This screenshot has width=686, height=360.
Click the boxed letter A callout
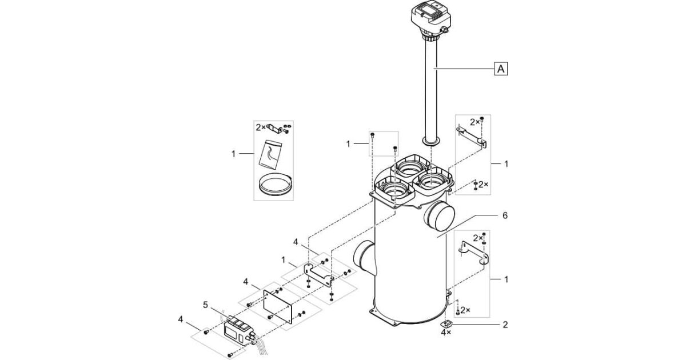coord(501,69)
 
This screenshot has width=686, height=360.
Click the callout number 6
coord(505,215)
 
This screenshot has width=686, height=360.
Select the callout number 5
coord(205,305)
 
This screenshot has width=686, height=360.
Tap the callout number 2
coord(505,325)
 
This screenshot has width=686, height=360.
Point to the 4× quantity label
coord(446,332)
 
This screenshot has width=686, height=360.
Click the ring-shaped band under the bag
coord(274,185)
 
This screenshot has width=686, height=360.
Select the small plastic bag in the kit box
coord(270,153)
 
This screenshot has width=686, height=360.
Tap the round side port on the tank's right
coord(439,217)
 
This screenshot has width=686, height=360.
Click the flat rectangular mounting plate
coord(278,306)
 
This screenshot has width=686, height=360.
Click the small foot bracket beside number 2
coord(446,324)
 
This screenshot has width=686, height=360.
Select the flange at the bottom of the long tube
coord(431,142)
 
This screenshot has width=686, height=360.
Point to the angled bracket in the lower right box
coord(474,253)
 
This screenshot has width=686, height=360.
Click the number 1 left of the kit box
coord(234,154)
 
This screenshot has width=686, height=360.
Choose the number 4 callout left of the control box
coord(181,319)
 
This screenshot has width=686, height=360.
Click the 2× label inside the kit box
coord(261,127)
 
